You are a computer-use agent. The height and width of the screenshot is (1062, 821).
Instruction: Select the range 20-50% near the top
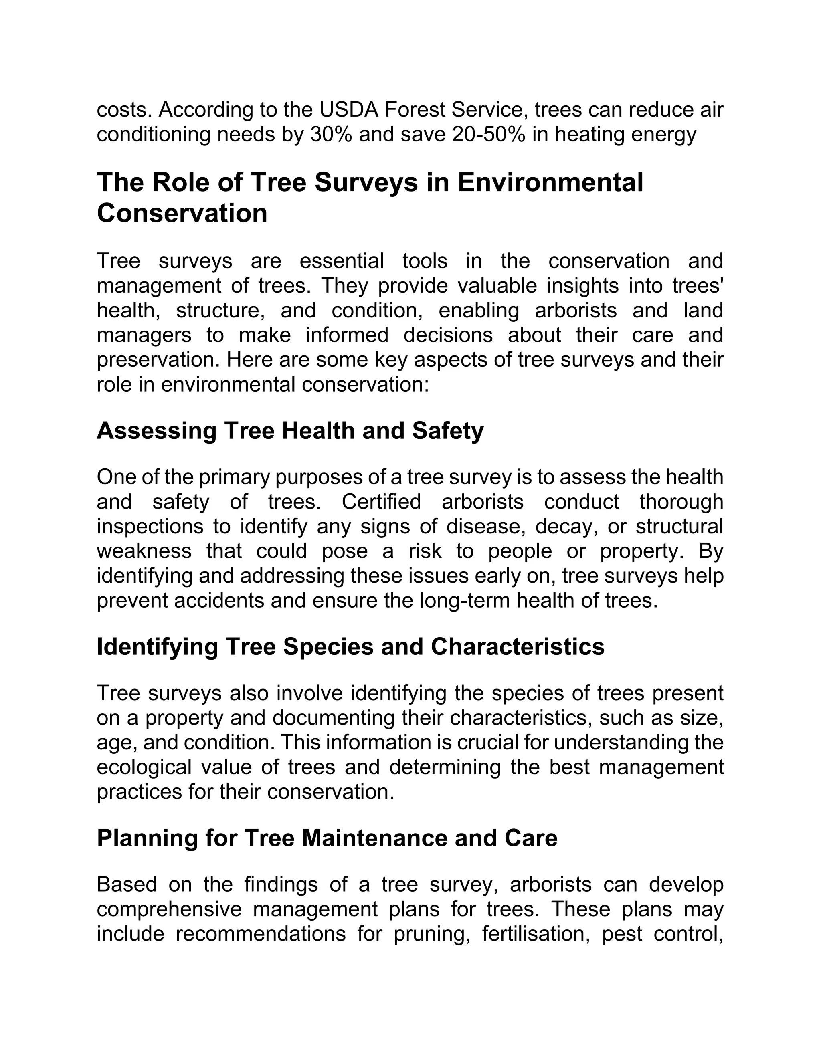click(488, 135)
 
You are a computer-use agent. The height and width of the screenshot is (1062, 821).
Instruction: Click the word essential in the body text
click(342, 261)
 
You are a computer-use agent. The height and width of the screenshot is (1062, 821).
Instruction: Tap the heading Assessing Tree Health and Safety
click(290, 431)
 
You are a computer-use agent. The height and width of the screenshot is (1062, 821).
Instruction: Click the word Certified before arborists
click(381, 502)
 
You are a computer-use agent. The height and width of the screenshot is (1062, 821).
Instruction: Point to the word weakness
click(144, 551)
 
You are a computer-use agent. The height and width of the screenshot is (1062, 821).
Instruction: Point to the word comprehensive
click(169, 909)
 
